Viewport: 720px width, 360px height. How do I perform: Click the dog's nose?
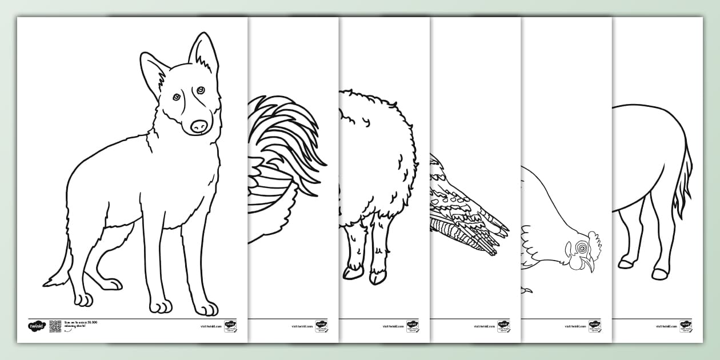coord(199,126)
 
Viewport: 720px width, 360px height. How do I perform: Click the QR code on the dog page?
coord(55,326)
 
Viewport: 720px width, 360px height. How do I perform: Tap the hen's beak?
coord(591,265)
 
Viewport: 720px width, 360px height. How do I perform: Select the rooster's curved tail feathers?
coord(286,143)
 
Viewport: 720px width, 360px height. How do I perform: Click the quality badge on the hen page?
coord(594,326)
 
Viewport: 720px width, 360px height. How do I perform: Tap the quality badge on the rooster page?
coord(321,326)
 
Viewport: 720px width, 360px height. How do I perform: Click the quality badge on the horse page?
coord(686,326)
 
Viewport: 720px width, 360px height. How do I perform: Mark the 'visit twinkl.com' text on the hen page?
coord(575,326)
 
